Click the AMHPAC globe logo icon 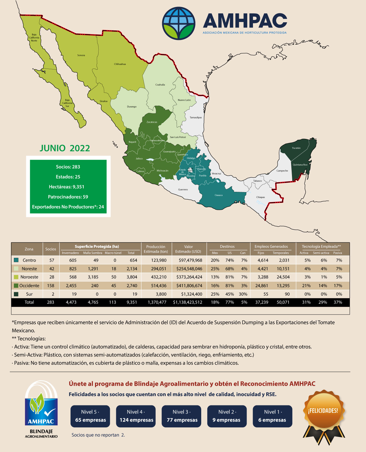(x=179, y=23)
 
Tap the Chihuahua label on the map (x=120, y=64)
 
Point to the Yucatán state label (x=296, y=148)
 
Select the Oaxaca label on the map (x=219, y=195)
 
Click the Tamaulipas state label (x=196, y=117)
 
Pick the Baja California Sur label (x=67, y=103)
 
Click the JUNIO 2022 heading (x=65, y=148)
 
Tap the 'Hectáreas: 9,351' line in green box (x=68, y=187)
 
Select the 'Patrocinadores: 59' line (x=68, y=197)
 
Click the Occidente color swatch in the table (x=16, y=286)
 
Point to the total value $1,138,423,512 (x=188, y=302)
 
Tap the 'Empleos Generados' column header (x=271, y=247)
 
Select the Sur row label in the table (x=29, y=294)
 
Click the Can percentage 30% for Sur (x=243, y=294)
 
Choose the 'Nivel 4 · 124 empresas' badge (x=136, y=416)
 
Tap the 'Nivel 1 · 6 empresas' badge (x=272, y=416)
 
